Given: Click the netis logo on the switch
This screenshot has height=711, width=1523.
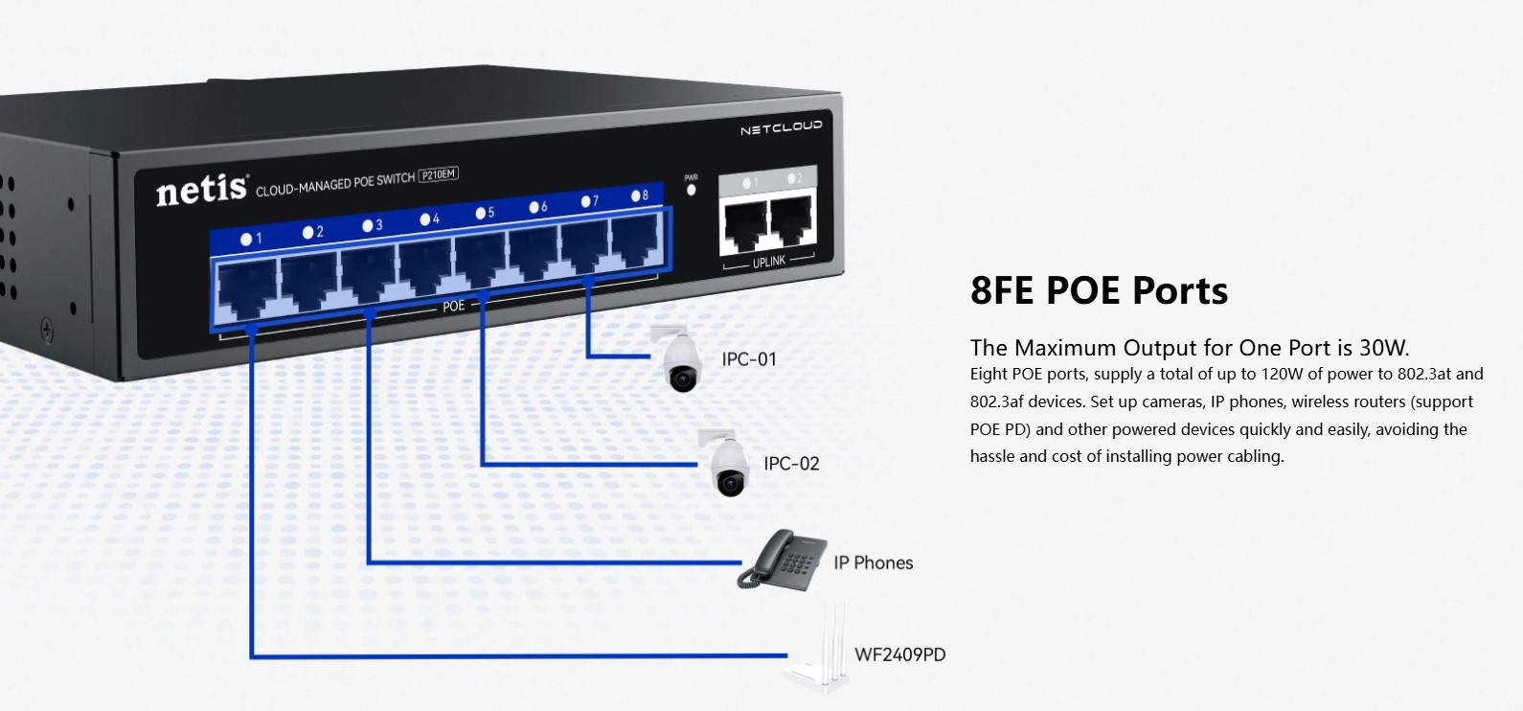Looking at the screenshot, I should (202, 189).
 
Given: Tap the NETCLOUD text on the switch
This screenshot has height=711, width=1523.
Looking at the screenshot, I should (781, 128).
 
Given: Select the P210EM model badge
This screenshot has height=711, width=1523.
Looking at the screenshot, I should (439, 174).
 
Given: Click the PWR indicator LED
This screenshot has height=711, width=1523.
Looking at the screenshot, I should (692, 190).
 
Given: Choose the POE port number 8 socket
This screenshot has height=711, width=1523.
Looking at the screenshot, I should (635, 241).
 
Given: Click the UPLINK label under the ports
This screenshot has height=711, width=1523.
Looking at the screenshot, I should (768, 262).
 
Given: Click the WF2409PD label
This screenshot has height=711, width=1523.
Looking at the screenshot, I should (899, 654).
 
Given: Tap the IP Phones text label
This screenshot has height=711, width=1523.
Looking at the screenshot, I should (873, 562).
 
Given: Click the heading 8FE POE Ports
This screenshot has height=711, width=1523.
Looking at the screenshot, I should (1099, 290).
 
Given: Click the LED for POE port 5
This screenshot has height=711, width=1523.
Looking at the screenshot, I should (480, 214).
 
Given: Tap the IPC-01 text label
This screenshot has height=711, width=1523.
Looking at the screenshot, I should (749, 359).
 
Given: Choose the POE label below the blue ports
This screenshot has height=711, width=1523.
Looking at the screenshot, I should (453, 306).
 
